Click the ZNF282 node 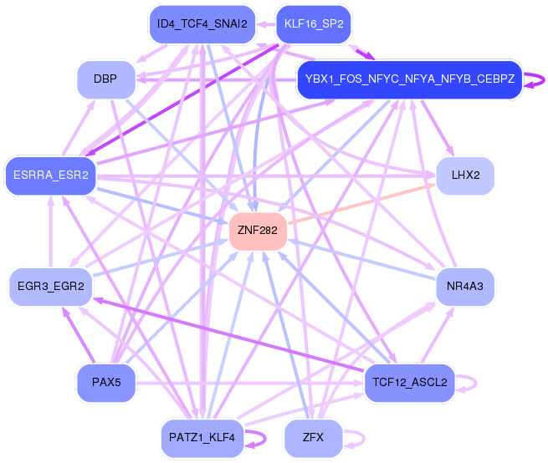258,231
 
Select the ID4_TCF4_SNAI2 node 202,24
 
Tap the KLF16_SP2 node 314,24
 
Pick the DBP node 105,79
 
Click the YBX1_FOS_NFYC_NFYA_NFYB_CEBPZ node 410,79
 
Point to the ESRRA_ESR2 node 51,176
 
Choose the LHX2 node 465,176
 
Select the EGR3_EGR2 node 51,287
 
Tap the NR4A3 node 465,287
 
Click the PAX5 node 106,383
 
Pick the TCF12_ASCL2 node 410,383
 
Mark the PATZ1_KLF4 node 202,438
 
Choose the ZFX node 313,438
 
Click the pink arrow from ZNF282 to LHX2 362,204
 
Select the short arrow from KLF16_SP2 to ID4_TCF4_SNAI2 266,24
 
